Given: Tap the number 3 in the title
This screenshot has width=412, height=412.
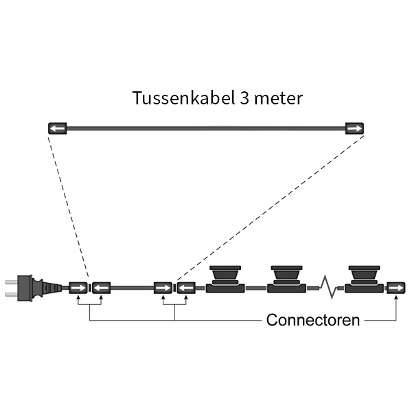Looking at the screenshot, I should [x=245, y=98].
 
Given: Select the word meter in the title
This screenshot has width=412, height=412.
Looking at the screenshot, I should [x=279, y=98].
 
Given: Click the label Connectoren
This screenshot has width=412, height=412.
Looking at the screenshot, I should [x=312, y=320].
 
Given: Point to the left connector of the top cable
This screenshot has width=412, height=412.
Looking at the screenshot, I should [x=56, y=128].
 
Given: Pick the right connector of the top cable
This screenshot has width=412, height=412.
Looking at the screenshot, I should [x=354, y=128].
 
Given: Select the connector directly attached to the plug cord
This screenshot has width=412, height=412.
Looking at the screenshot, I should [x=78, y=288].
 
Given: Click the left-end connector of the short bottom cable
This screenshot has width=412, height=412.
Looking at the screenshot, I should [x=101, y=288].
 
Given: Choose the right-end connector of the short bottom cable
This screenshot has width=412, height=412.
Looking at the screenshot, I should [x=163, y=288].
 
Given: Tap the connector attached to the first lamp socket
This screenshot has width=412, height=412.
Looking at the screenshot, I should [x=185, y=288].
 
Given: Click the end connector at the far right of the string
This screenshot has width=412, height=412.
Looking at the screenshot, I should [x=396, y=288].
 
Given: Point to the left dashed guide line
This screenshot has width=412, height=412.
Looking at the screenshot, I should [x=67, y=206].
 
